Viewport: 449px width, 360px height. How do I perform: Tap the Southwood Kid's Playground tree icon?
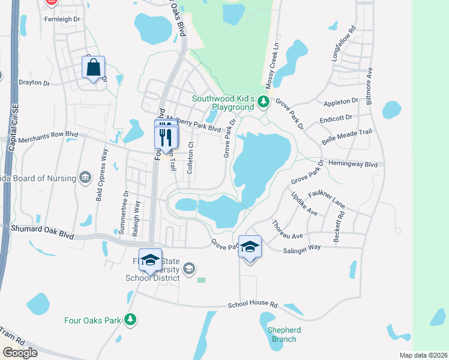pos(262,103)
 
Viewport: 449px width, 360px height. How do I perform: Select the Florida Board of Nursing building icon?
pos(85,178)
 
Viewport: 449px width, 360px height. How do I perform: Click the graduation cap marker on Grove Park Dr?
pos(250,247)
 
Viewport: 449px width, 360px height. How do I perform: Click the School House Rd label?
pos(253,305)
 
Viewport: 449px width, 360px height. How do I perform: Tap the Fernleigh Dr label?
pos(62,19)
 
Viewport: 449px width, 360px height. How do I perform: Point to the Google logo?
pos(20,353)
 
